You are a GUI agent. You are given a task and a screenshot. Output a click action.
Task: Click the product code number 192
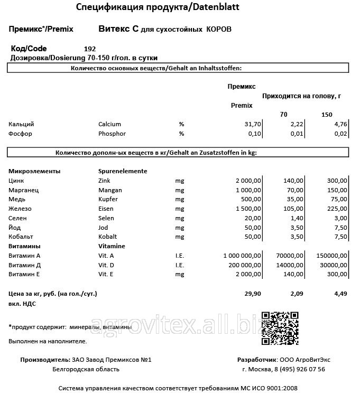tap(90, 49)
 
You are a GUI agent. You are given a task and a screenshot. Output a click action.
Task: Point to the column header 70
tap(284, 115)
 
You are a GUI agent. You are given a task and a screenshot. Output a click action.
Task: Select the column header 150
tap(327, 115)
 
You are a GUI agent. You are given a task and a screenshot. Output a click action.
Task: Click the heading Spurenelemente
tap(123, 171)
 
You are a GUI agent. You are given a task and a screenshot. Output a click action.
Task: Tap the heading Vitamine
tap(112, 246)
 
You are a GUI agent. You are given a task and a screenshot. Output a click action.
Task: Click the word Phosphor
tap(112, 134)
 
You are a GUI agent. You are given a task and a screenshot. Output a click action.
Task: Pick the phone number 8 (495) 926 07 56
tap(291, 369)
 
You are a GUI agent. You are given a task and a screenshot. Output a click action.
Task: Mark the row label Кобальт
tap(21, 237)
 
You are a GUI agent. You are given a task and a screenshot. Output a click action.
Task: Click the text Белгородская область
tap(86, 369)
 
